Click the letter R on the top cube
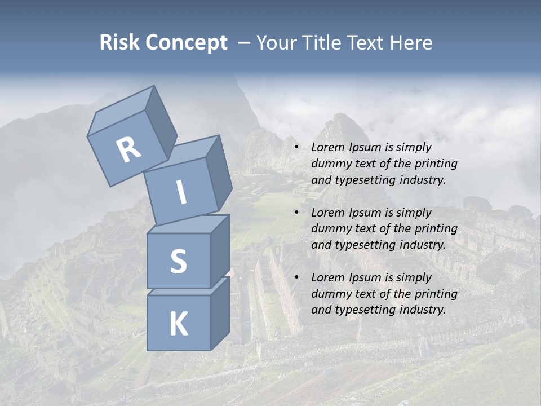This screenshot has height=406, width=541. point(128,150)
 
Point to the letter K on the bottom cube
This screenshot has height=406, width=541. point(178,324)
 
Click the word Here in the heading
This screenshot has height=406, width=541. point(411,42)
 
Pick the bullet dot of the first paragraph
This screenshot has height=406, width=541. point(296,148)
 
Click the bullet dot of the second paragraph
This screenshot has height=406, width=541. point(296,213)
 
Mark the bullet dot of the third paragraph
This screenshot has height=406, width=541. point(296,278)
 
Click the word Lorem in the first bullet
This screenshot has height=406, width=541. point(326,148)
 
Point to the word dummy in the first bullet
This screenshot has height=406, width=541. point(328,164)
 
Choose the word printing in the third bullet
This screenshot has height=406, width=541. point(436,294)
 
